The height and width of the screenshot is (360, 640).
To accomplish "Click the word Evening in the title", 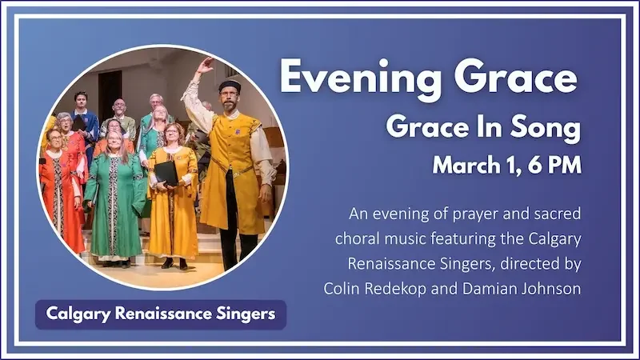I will [351, 78].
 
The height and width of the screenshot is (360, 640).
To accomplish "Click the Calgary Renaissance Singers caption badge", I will [160, 314].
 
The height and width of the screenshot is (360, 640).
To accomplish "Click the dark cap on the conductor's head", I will [230, 85].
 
